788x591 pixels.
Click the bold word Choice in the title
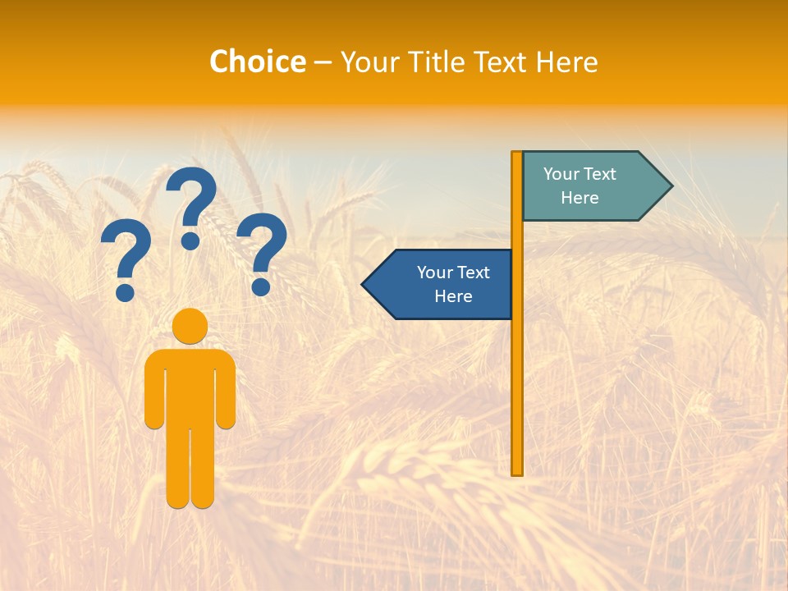click(257, 62)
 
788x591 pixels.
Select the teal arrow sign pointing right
click(587, 186)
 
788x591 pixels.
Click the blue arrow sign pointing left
click(443, 284)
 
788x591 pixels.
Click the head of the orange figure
click(190, 326)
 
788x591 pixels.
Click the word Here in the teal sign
click(580, 198)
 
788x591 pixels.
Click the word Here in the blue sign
click(453, 296)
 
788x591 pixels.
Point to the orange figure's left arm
click(153, 394)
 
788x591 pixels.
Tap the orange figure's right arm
click(227, 394)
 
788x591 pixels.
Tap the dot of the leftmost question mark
click(125, 292)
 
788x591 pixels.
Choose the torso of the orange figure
click(190, 386)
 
